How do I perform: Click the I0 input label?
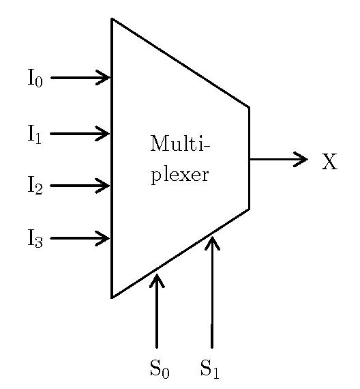pyautogui.click(x=35, y=78)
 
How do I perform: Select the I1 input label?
pyautogui.click(x=35, y=134)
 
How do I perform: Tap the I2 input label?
pyautogui.click(x=35, y=185)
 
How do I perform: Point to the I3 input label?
pyautogui.click(x=35, y=238)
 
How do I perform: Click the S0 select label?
pyautogui.click(x=160, y=369)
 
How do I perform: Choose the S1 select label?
pyautogui.click(x=210, y=369)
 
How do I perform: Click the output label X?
pyautogui.click(x=329, y=162)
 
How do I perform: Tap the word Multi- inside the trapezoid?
pyautogui.click(x=180, y=143)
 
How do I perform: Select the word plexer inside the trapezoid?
pyautogui.click(x=180, y=175)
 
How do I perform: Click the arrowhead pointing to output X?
pyautogui.click(x=301, y=159)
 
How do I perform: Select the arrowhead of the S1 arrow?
pyautogui.click(x=212, y=243)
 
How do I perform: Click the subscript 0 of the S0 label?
pyautogui.click(x=166, y=373)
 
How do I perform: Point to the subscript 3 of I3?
pyautogui.click(x=39, y=242)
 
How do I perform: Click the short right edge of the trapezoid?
pyautogui.click(x=249, y=158)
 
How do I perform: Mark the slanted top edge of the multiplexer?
pyautogui.click(x=181, y=63)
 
